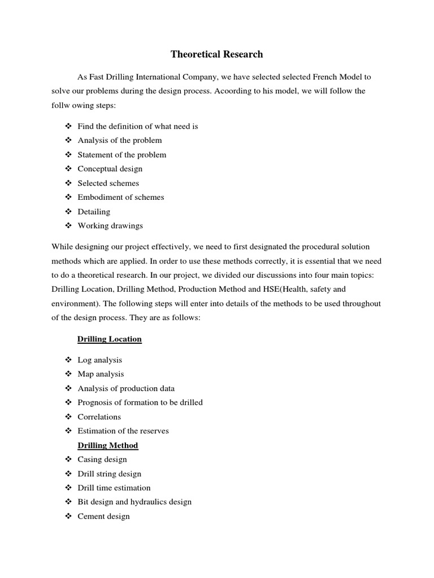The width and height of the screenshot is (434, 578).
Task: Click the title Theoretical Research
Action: [x=217, y=55]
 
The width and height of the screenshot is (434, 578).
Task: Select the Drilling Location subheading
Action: [x=109, y=339]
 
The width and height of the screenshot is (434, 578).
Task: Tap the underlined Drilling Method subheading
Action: [x=107, y=445]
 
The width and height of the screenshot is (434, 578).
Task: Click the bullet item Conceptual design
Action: [x=110, y=169]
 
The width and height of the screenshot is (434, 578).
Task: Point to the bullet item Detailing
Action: [x=94, y=212]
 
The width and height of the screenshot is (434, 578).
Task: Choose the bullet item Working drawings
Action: [x=110, y=226]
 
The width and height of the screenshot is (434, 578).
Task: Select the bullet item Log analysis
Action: [x=99, y=360]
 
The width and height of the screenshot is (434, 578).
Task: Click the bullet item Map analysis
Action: [x=101, y=374]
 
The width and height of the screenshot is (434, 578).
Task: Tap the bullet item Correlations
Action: [x=99, y=417]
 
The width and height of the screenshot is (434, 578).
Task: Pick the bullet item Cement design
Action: [x=103, y=516]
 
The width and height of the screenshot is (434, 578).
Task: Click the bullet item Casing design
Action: [x=103, y=459]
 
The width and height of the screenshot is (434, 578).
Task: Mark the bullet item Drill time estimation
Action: [x=114, y=488]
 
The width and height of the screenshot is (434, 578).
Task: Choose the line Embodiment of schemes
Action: [x=121, y=198]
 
